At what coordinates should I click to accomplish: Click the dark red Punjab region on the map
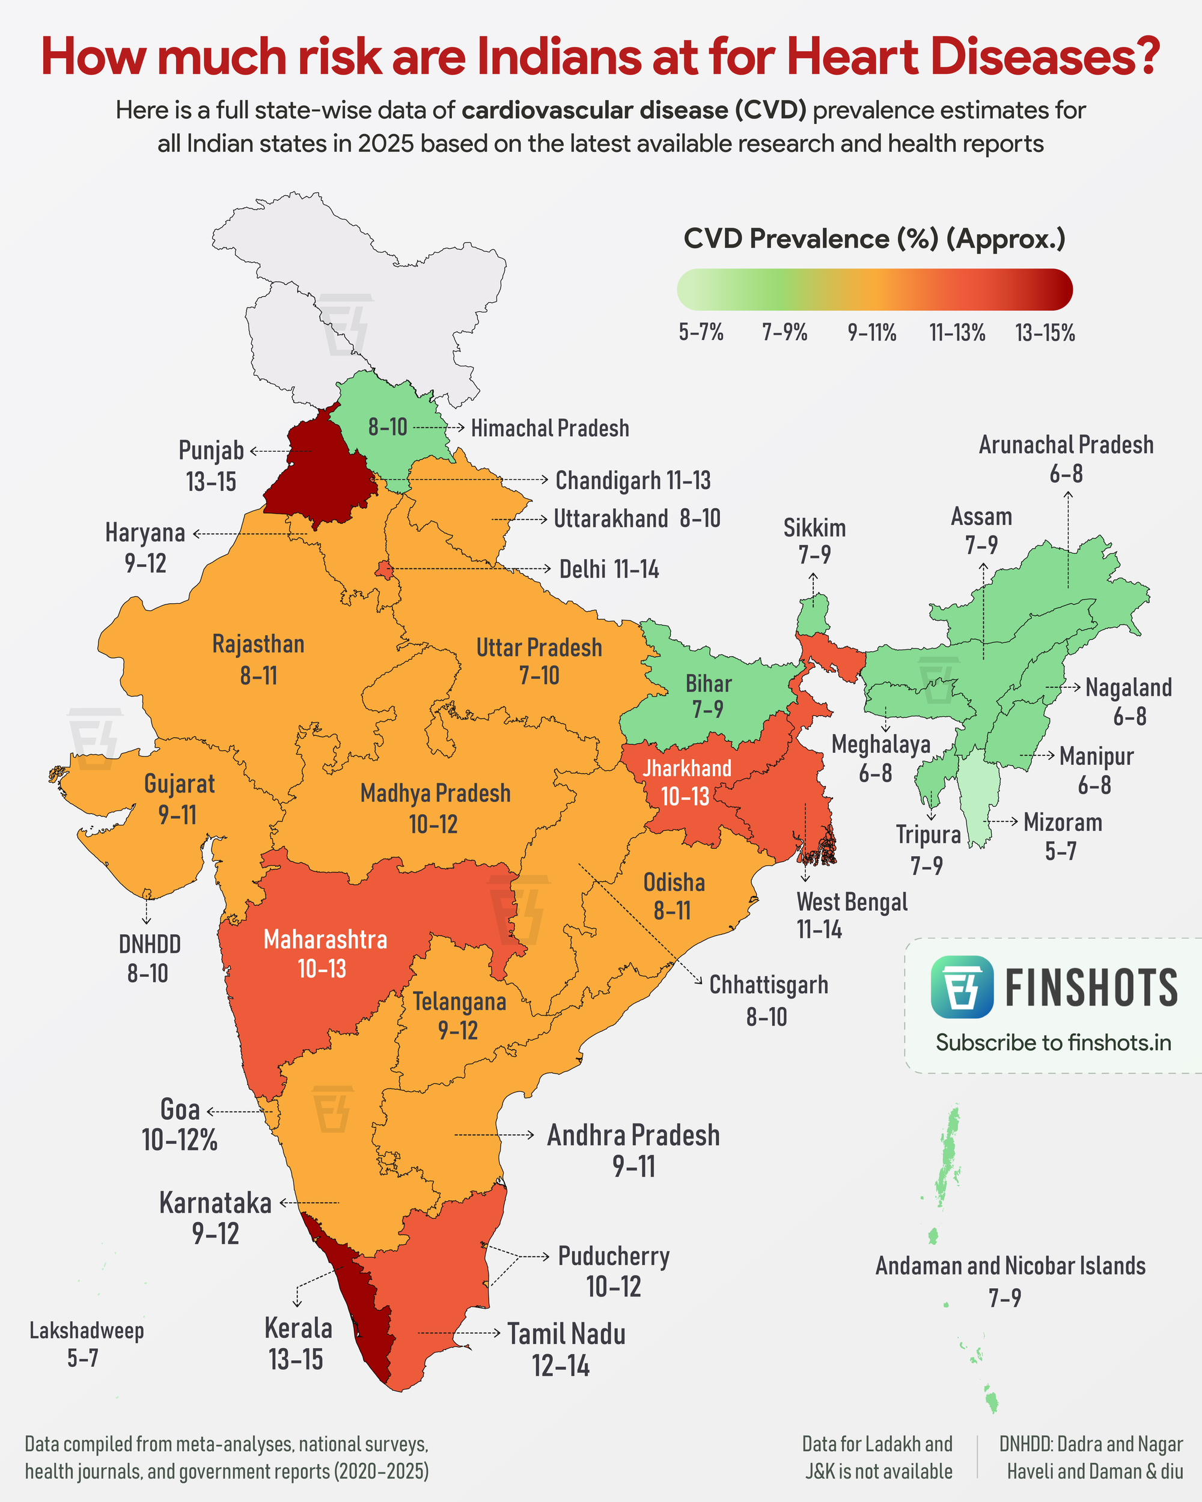point(317,473)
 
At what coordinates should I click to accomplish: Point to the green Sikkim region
point(813,613)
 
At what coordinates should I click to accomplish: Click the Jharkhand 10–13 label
point(686,782)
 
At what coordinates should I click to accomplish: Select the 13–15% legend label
point(1045,333)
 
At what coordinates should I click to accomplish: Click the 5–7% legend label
point(701,332)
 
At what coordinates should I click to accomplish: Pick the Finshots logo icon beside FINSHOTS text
point(962,987)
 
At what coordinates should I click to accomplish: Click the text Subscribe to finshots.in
point(1053,1043)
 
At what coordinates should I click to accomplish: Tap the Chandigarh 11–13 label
point(633,480)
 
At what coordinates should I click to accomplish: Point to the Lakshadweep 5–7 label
point(86,1343)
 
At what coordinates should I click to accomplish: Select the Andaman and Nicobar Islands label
point(1010,1266)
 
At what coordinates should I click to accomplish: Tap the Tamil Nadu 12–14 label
point(565,1349)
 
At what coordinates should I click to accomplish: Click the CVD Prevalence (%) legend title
point(874,239)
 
